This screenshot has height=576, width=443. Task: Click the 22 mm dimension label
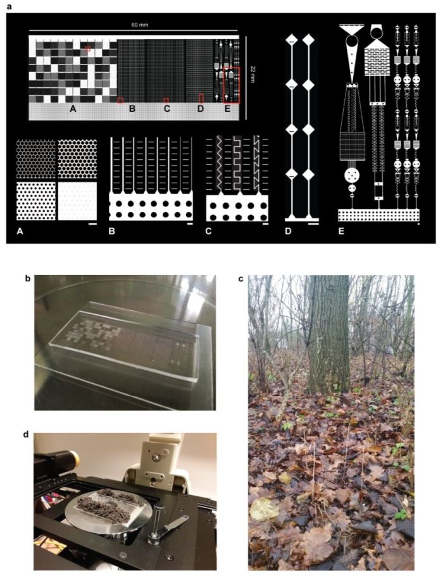point(253,69)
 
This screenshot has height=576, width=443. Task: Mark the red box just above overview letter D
point(201,98)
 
